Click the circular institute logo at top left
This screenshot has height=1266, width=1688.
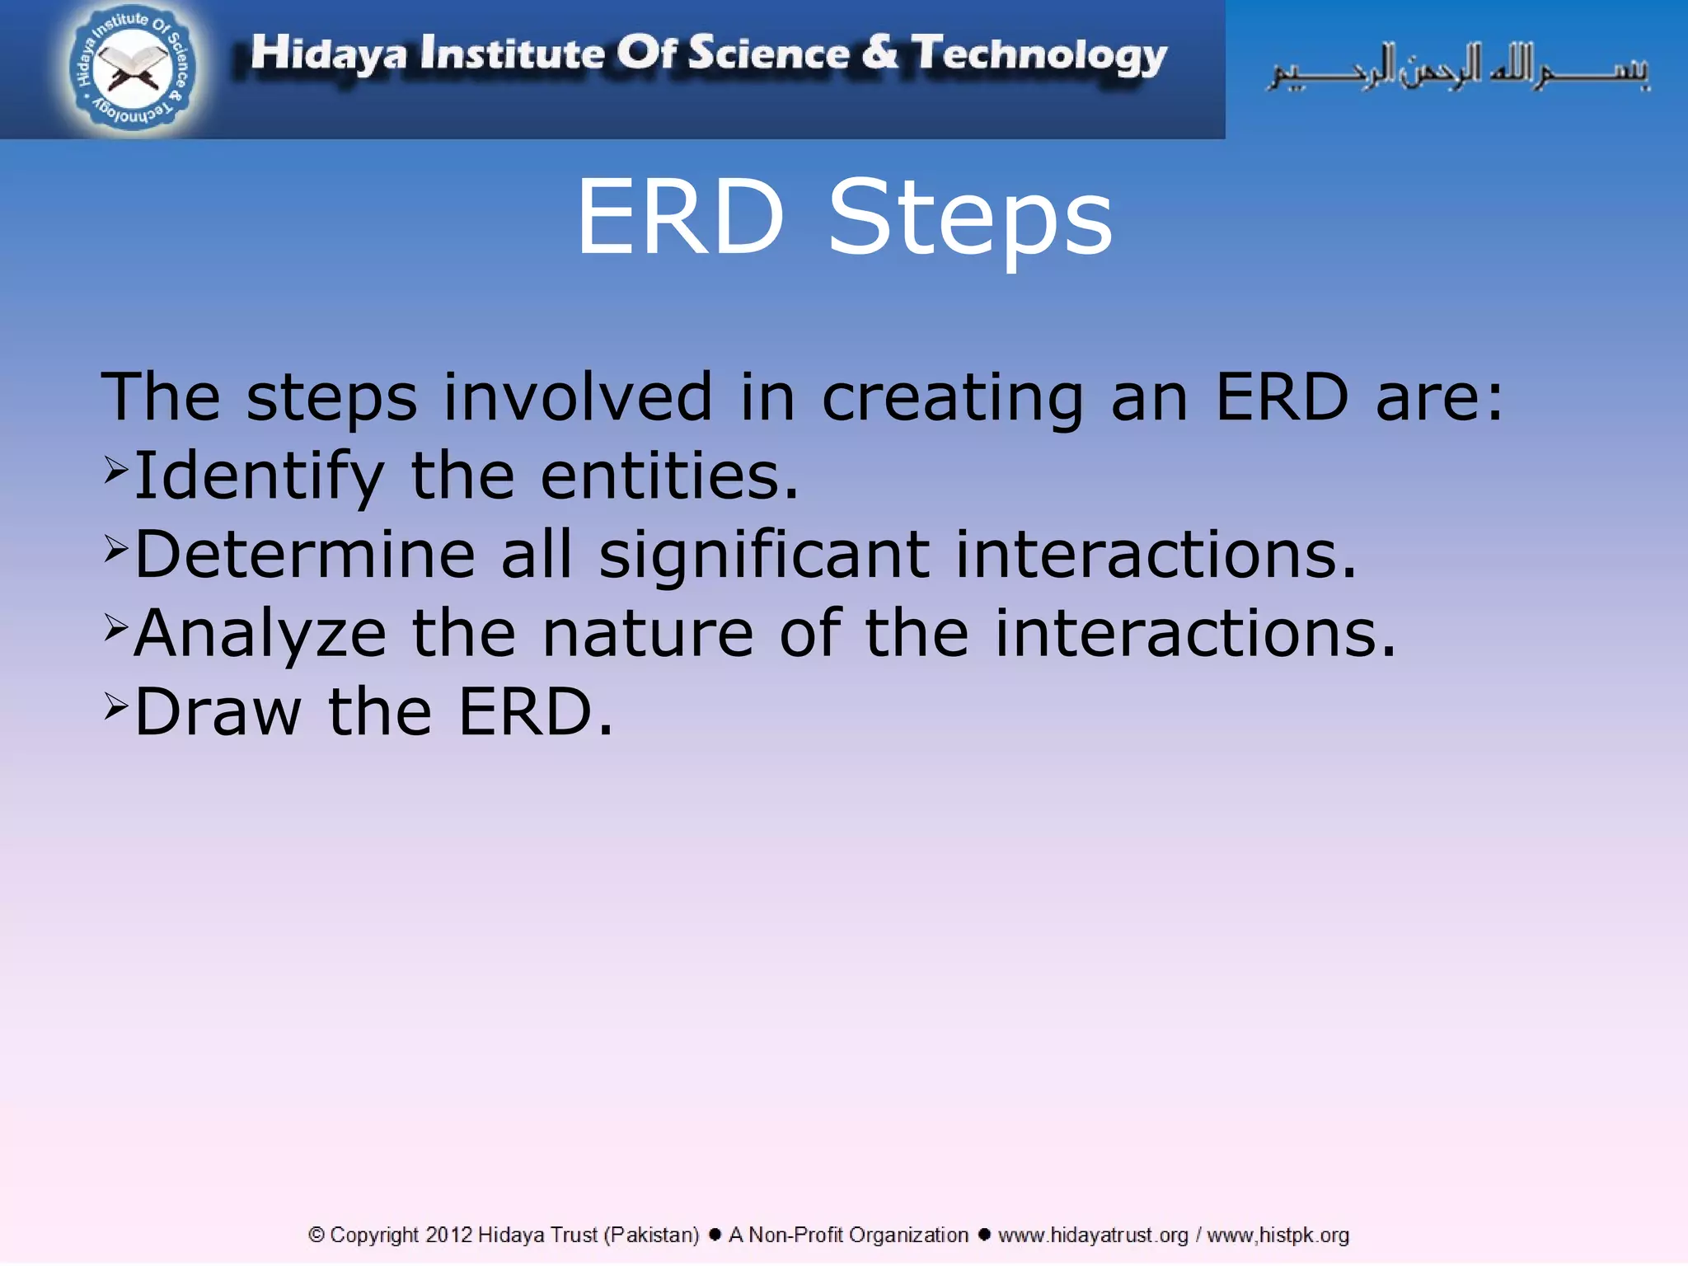point(132,68)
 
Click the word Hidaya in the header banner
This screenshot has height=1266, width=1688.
point(328,54)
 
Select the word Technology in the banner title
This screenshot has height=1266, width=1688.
point(1039,55)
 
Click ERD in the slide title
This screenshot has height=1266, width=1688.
point(680,217)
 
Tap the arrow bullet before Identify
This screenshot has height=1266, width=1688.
point(116,471)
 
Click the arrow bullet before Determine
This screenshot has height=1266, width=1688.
point(116,549)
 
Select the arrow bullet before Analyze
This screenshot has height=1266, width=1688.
point(116,628)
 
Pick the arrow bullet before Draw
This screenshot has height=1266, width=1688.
point(116,706)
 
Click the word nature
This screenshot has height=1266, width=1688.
point(648,633)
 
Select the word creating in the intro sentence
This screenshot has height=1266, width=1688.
point(952,398)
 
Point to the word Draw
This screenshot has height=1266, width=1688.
point(218,712)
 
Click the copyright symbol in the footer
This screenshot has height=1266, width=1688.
point(316,1235)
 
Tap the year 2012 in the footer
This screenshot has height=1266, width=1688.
point(448,1235)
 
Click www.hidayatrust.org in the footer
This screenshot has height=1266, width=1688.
point(1093,1235)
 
